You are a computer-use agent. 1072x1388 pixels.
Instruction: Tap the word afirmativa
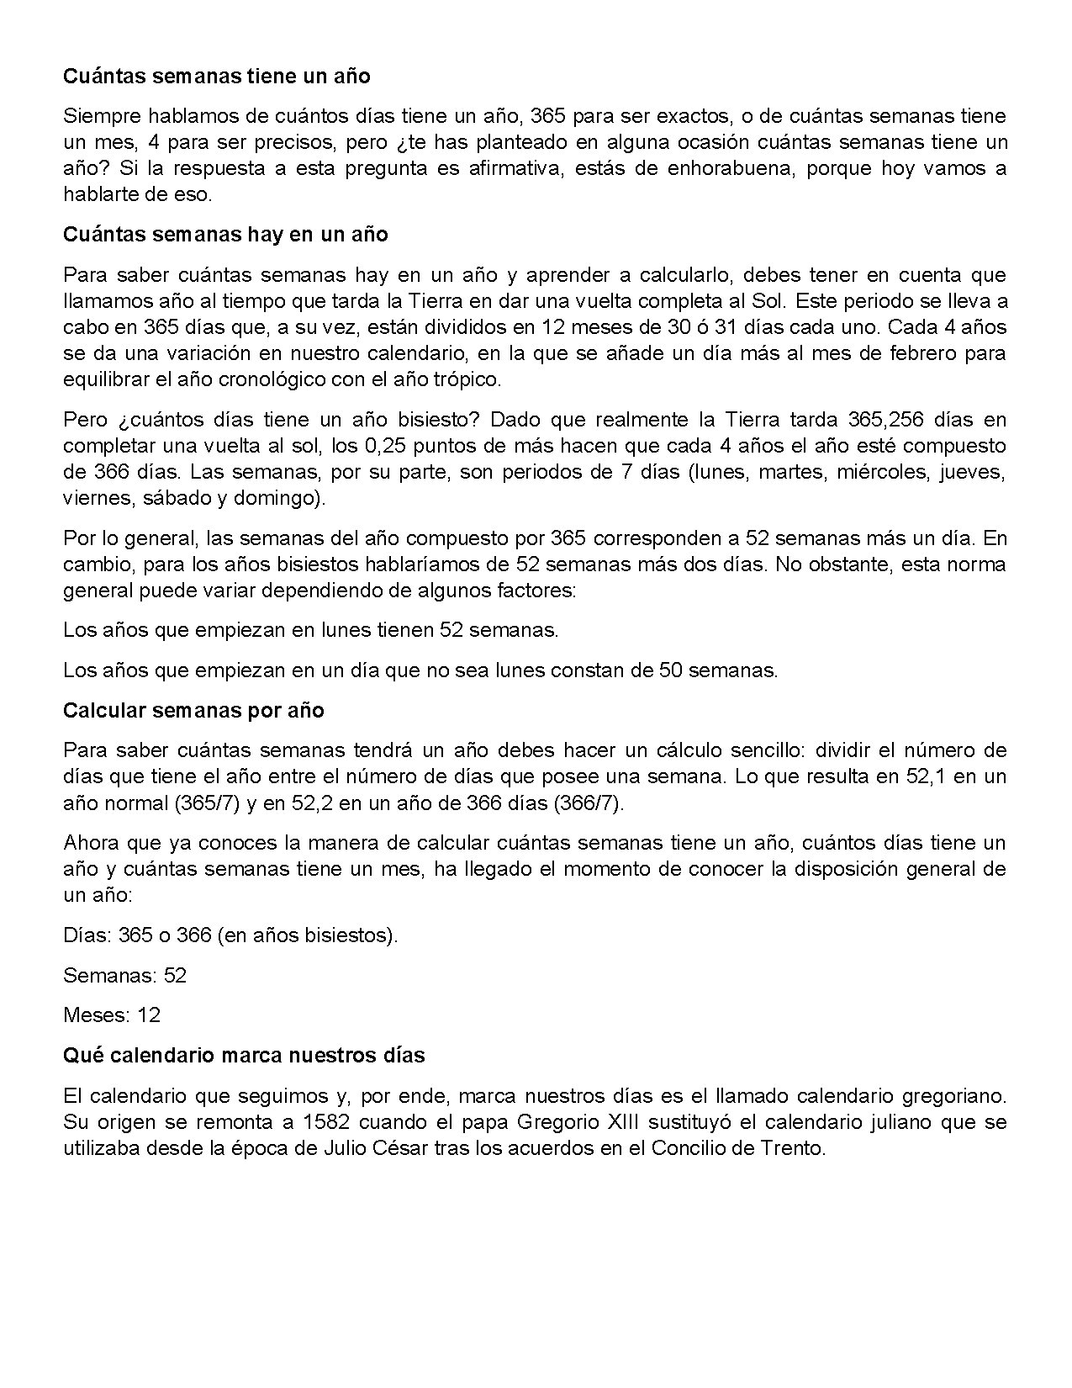coord(510,168)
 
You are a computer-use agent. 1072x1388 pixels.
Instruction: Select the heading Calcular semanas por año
coord(193,710)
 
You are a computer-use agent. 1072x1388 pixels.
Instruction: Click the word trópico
coord(467,379)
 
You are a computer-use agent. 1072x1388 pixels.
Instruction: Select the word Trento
coord(795,1148)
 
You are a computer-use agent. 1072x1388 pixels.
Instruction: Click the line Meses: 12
coord(112,1015)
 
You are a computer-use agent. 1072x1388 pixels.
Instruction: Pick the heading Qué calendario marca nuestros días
coord(244,1055)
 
